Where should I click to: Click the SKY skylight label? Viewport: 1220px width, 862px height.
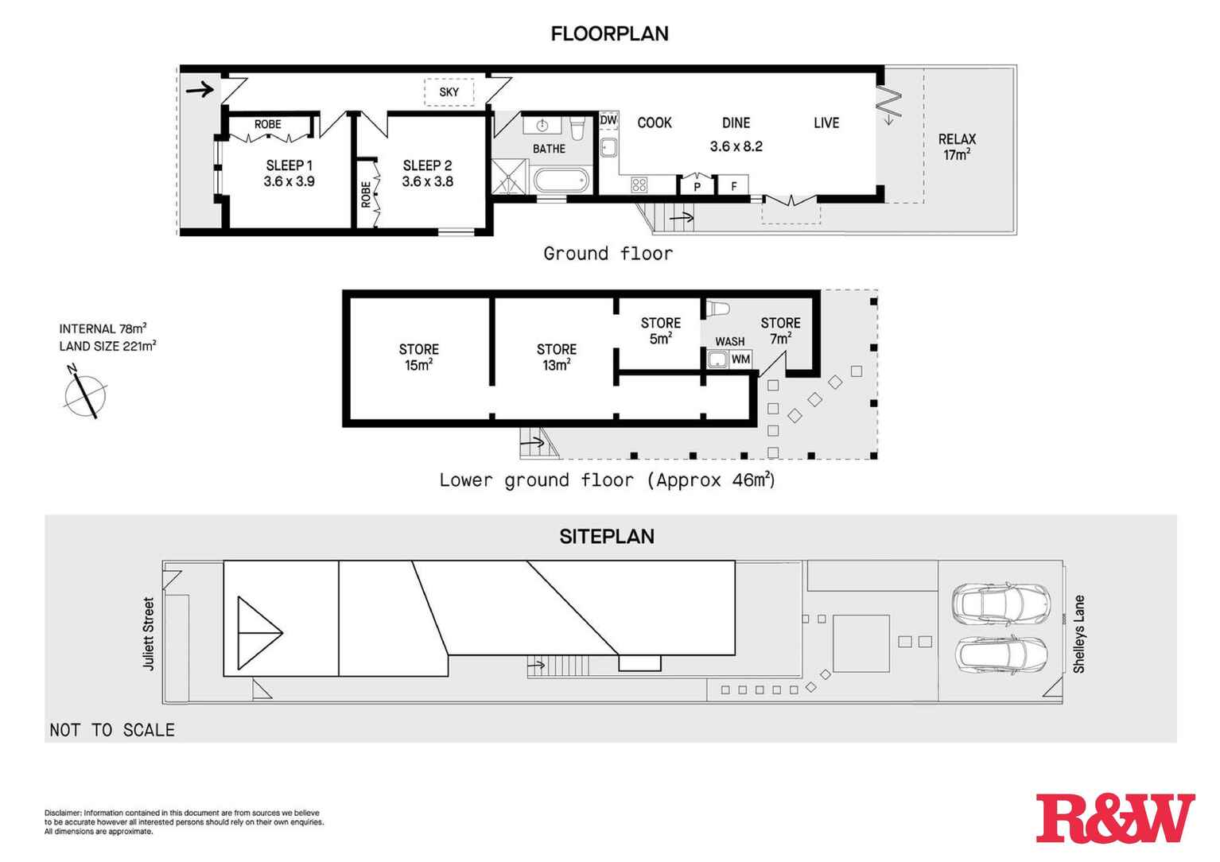pos(449,92)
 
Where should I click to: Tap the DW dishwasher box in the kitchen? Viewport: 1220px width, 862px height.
pos(608,120)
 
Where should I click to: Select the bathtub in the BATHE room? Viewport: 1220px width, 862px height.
pos(561,181)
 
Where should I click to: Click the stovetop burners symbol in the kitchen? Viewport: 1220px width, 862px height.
pos(639,185)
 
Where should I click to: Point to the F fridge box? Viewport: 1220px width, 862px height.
pos(733,186)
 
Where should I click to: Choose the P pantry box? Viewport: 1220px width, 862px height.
pos(697,185)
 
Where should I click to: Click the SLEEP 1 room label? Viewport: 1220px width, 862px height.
pos(289,165)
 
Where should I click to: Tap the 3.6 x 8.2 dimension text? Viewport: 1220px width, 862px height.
pos(736,146)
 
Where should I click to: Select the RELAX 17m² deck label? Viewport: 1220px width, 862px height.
pos(957,147)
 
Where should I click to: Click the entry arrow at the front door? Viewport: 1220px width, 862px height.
pos(200,89)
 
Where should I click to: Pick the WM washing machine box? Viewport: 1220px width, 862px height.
pos(740,359)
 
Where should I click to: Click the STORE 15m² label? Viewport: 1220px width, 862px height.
pos(418,357)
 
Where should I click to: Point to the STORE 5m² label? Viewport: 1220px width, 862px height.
pos(661,331)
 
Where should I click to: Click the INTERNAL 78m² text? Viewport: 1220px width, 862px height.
pos(103,328)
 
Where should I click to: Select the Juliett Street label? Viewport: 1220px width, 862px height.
pos(149,634)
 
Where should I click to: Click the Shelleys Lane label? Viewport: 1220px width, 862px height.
pos(1079,634)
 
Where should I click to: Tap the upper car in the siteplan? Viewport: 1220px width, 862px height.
pos(1000,604)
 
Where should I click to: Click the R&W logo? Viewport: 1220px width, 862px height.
pos(1116,818)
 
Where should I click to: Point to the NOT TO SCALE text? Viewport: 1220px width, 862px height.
pos(112,730)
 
